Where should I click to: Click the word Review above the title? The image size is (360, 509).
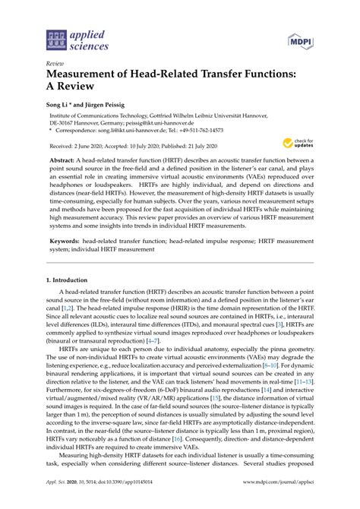tap(55, 64)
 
